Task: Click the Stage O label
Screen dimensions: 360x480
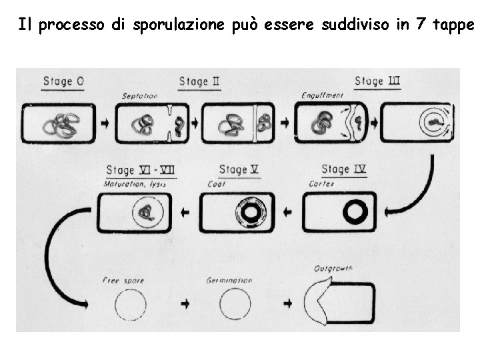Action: coord(63,82)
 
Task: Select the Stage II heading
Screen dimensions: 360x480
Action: coord(200,82)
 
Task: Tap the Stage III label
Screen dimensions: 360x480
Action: coord(377,81)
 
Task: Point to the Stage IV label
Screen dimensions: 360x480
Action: coord(344,170)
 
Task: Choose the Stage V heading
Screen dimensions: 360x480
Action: coord(239,170)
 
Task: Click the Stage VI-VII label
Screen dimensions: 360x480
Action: coord(141,170)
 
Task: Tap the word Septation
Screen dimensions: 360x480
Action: coord(139,96)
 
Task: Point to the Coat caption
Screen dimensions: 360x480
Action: coord(217,184)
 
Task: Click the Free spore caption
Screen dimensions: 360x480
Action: coord(120,281)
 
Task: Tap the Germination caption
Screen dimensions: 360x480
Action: coord(229,281)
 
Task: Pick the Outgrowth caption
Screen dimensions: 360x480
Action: coord(333,269)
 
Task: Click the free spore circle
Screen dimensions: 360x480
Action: coord(130,307)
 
